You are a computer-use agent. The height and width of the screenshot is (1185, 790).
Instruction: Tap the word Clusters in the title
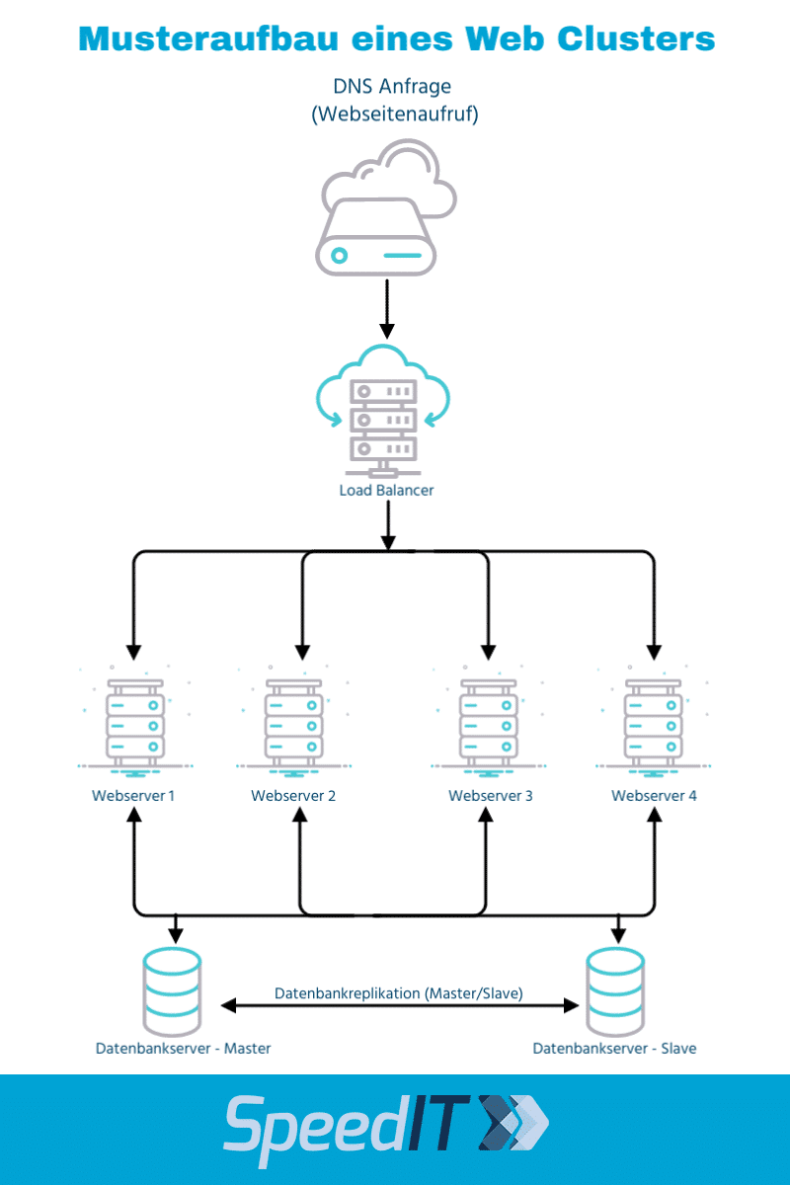click(x=636, y=39)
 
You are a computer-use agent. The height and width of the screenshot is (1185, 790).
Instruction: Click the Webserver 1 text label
click(x=133, y=796)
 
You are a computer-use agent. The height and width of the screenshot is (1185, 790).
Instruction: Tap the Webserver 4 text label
click(x=654, y=796)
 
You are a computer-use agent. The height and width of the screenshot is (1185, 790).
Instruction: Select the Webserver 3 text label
click(x=490, y=796)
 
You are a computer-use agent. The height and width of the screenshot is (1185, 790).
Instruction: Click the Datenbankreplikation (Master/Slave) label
click(x=398, y=992)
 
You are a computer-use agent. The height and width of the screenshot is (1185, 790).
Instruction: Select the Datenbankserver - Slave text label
click(x=614, y=1048)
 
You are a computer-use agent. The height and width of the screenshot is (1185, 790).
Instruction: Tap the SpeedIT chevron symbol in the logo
click(x=513, y=1124)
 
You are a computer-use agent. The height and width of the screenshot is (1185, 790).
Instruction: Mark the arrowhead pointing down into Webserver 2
click(x=300, y=653)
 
